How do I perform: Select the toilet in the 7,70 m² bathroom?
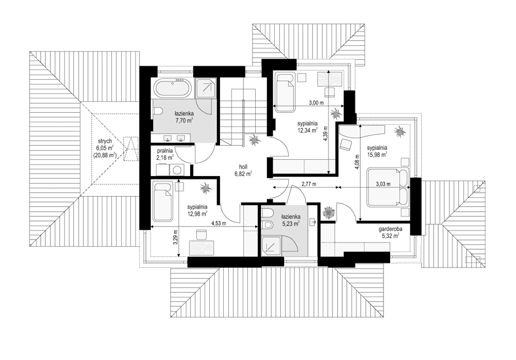159,111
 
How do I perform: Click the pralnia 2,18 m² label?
165,153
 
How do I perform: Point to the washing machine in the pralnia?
177,169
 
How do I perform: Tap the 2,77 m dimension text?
308,183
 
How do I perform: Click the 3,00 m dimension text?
316,103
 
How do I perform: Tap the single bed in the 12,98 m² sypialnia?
162,199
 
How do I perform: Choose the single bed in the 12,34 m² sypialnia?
285,91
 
